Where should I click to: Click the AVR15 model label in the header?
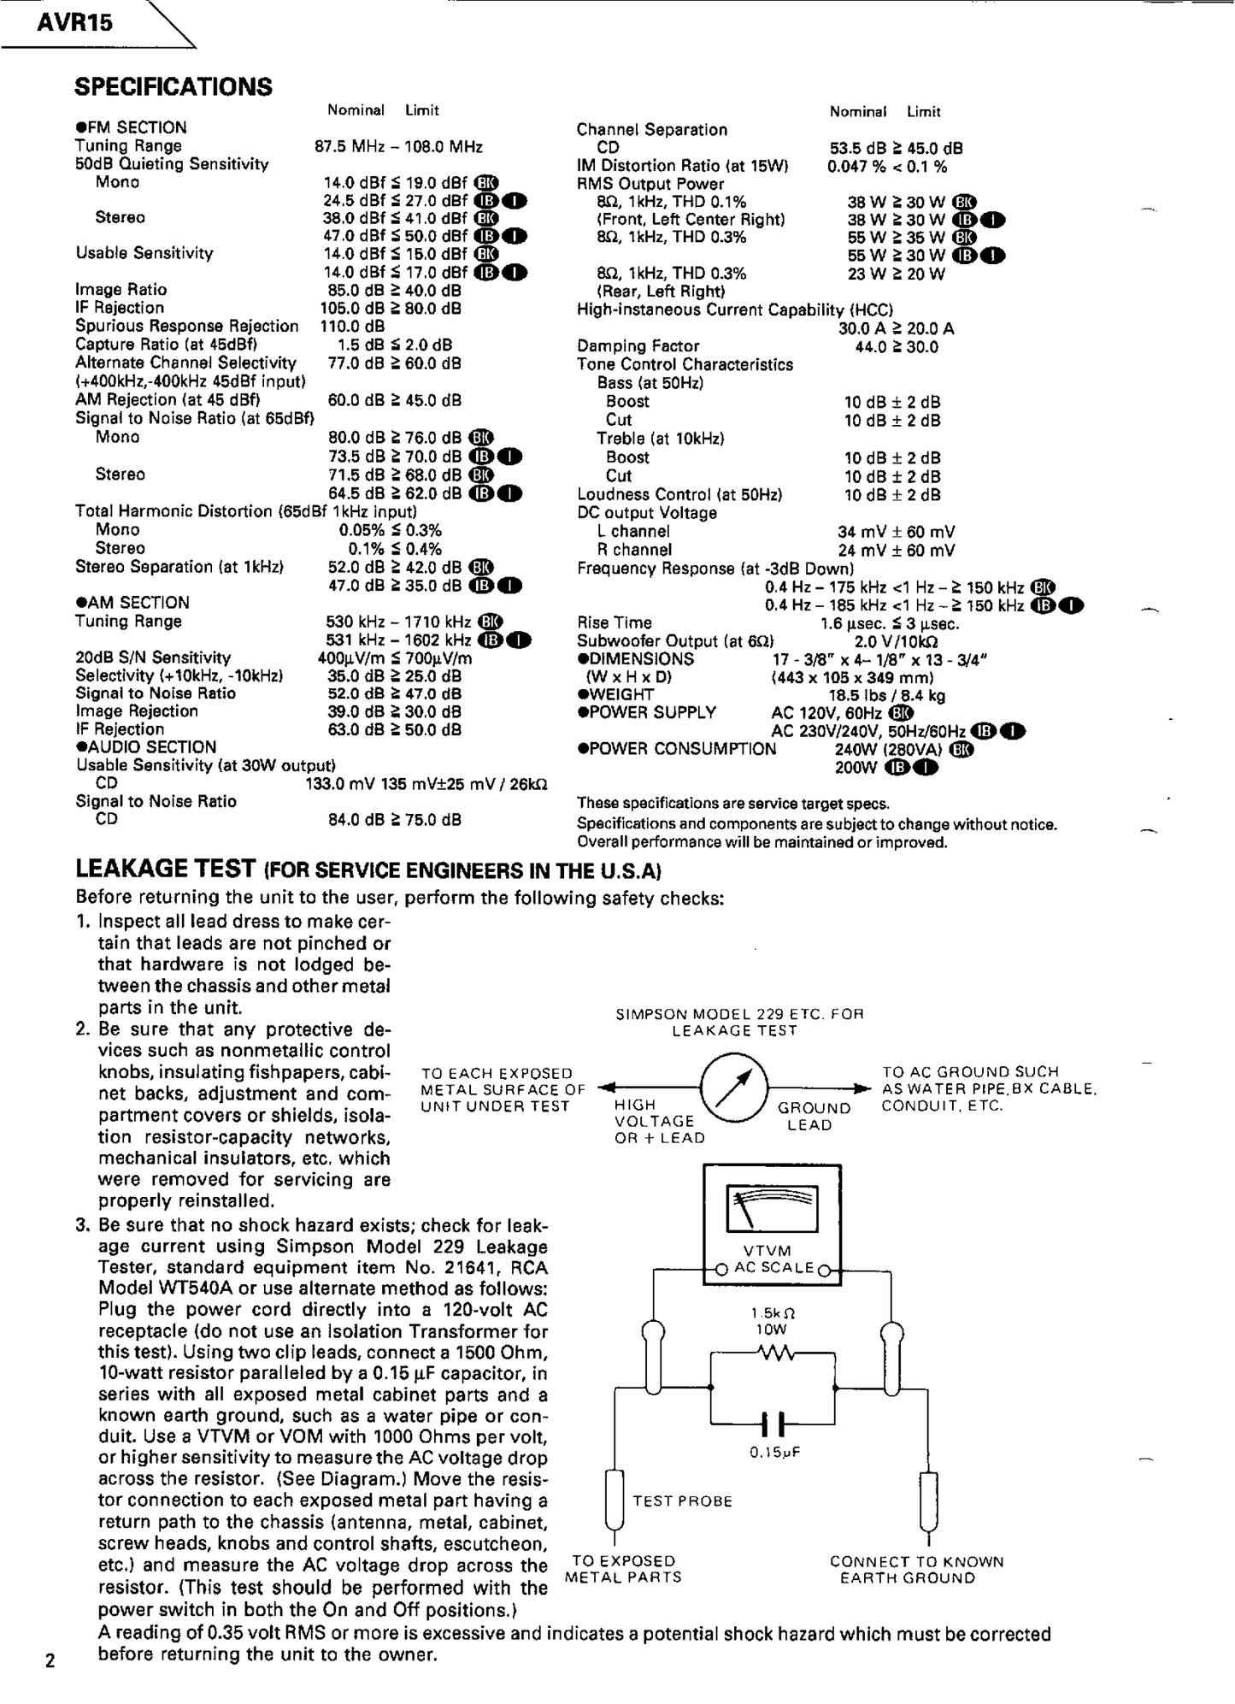point(75,23)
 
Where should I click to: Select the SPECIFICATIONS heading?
point(173,86)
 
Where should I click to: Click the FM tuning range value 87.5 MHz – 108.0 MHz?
point(398,146)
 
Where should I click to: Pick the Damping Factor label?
point(638,346)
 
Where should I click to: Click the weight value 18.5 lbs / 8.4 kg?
point(886,695)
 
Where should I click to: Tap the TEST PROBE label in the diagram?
point(682,1501)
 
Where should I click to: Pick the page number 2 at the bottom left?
point(50,1660)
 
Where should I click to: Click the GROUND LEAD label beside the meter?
point(815,1116)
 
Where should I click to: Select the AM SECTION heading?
point(132,603)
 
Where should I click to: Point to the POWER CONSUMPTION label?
point(677,749)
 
